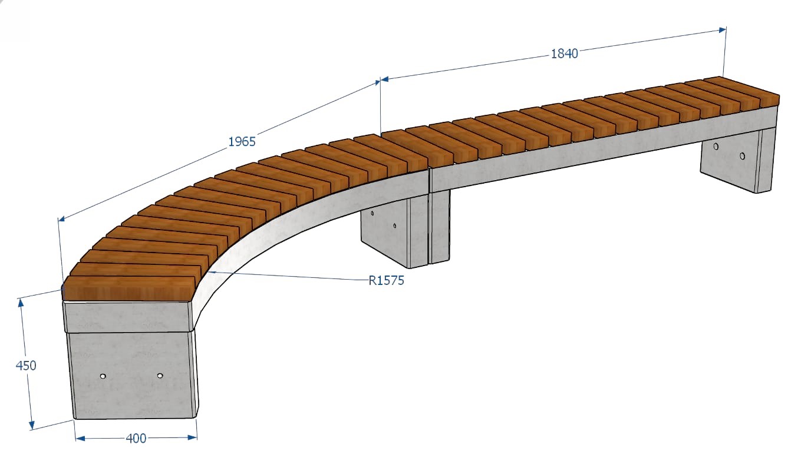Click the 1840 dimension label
[564, 54]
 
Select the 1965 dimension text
[242, 141]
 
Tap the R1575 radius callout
[386, 280]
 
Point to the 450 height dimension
[26, 366]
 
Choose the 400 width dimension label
[136, 439]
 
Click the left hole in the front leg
[103, 376]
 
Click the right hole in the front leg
[160, 376]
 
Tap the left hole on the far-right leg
[716, 147]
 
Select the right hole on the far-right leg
[742, 156]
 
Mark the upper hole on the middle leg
[372, 214]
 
